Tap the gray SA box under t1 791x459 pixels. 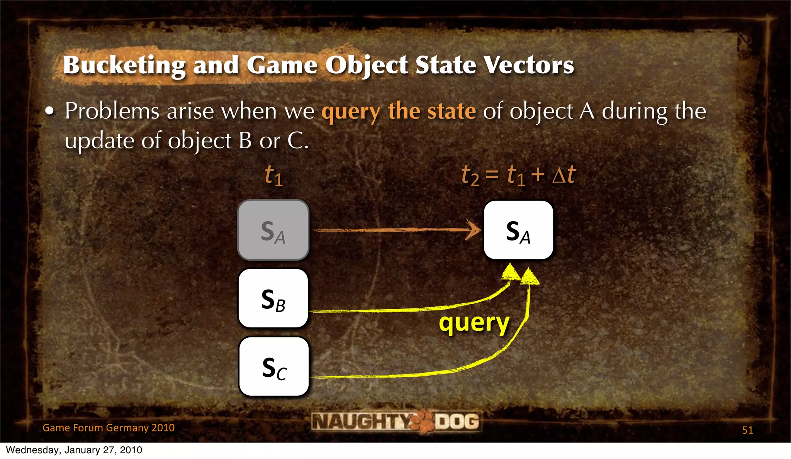273,230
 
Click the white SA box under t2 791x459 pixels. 518,230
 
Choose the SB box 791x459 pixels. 273,298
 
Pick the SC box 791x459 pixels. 274,367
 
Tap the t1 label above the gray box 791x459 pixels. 273,176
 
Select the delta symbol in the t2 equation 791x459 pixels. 558,176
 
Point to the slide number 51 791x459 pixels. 747,430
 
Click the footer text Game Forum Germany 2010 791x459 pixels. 109,428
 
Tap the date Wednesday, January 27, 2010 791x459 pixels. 74,450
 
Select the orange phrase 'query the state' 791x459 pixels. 399,112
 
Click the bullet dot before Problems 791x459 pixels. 49,112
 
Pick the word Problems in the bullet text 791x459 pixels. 112,112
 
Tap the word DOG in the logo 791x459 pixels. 457,421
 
